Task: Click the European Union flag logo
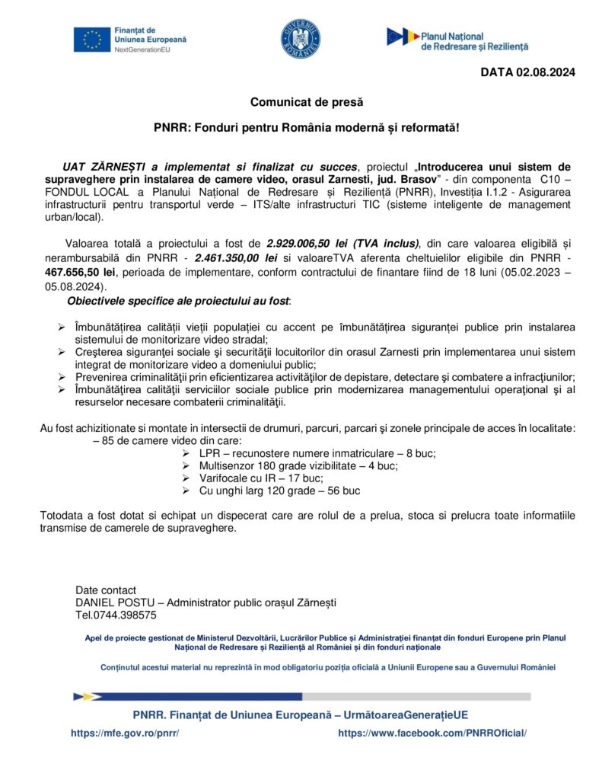click(x=92, y=39)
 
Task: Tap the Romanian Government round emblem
click(x=300, y=40)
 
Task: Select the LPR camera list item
click(x=317, y=452)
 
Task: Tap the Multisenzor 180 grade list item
click(x=298, y=465)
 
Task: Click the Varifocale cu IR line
click(x=261, y=478)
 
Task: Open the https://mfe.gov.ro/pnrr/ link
click(x=125, y=732)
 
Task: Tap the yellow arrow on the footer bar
click(x=94, y=696)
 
